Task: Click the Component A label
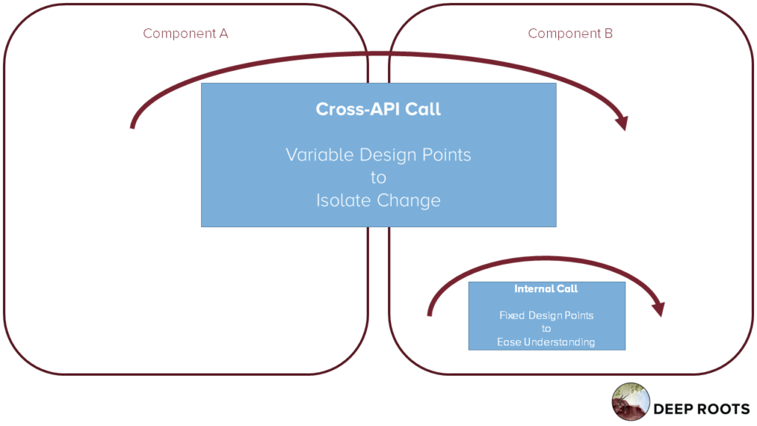pyautogui.click(x=186, y=33)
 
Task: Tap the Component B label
pyautogui.click(x=570, y=33)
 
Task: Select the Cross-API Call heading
pyautogui.click(x=378, y=109)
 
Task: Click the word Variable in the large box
pyautogui.click(x=319, y=155)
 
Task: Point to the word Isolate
pyautogui.click(x=344, y=200)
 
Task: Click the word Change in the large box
pyautogui.click(x=409, y=200)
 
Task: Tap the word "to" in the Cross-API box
pyautogui.click(x=378, y=177)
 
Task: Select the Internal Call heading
pyautogui.click(x=546, y=289)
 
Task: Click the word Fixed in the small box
pyautogui.click(x=512, y=315)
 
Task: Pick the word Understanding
pyautogui.click(x=560, y=342)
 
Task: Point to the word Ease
pyautogui.click(x=509, y=342)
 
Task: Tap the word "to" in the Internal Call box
pyautogui.click(x=546, y=329)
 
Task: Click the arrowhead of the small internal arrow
pyautogui.click(x=659, y=309)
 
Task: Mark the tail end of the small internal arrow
pyautogui.click(x=430, y=314)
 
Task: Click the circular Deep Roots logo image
pyautogui.click(x=631, y=402)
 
